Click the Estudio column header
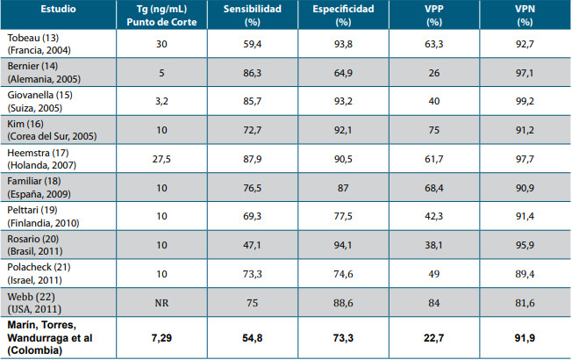point(58,9)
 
